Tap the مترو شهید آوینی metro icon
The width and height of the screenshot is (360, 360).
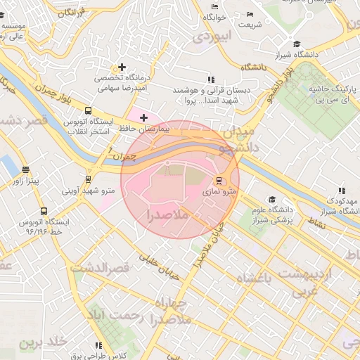coord(88,179)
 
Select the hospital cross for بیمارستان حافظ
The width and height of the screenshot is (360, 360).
coord(144,117)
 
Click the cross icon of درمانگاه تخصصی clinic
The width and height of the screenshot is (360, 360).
coord(122,67)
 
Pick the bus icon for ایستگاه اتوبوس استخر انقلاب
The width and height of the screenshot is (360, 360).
coord(88,110)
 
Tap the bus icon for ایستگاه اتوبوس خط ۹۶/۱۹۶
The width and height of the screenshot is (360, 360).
coord(44,210)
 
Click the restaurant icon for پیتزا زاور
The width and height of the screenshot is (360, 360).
coord(26,169)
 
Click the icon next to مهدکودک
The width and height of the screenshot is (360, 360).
coord(341,191)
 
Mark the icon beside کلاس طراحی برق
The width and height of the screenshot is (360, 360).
coord(98,345)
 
